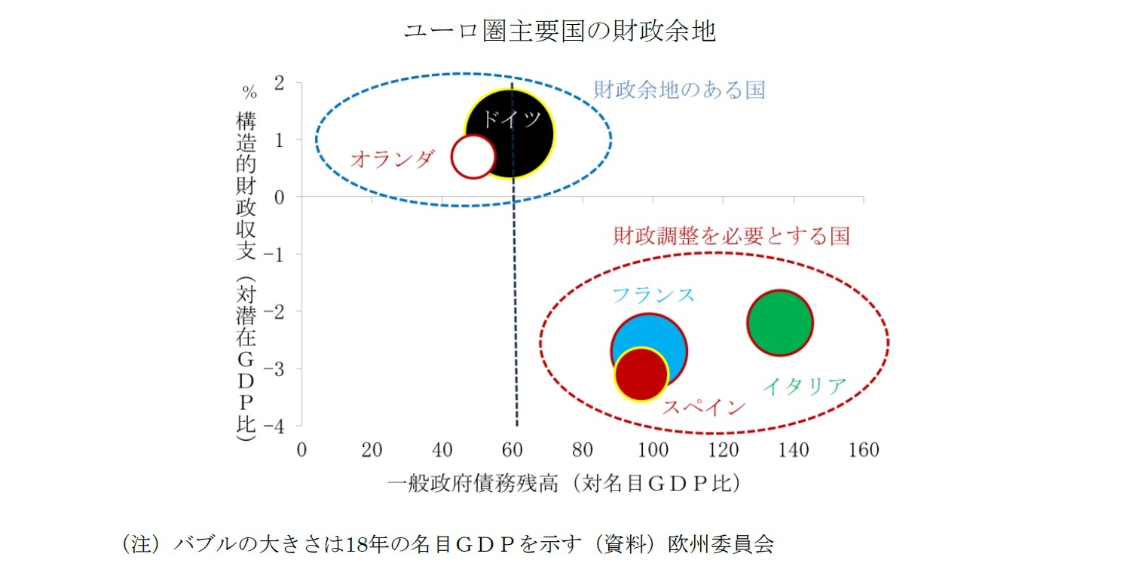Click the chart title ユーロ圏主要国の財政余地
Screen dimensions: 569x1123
(x=559, y=32)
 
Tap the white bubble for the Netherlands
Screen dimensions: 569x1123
(x=473, y=157)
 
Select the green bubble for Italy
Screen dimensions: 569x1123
(x=780, y=323)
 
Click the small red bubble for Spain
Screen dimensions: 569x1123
(x=641, y=375)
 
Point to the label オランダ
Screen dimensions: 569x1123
(x=393, y=158)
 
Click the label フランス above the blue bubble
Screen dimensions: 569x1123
(x=653, y=295)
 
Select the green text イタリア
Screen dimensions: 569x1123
(x=804, y=387)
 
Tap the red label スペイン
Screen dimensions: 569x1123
(x=704, y=407)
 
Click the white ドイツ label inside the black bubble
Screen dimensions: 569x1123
(x=511, y=120)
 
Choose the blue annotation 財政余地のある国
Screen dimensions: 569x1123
(x=679, y=90)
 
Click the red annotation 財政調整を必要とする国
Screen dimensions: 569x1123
(x=731, y=236)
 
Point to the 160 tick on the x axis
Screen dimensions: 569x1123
(x=864, y=451)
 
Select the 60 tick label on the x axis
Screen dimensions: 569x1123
(x=513, y=451)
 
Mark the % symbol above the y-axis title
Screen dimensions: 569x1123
(x=249, y=93)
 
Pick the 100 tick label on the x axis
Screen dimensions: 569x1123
(x=653, y=451)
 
